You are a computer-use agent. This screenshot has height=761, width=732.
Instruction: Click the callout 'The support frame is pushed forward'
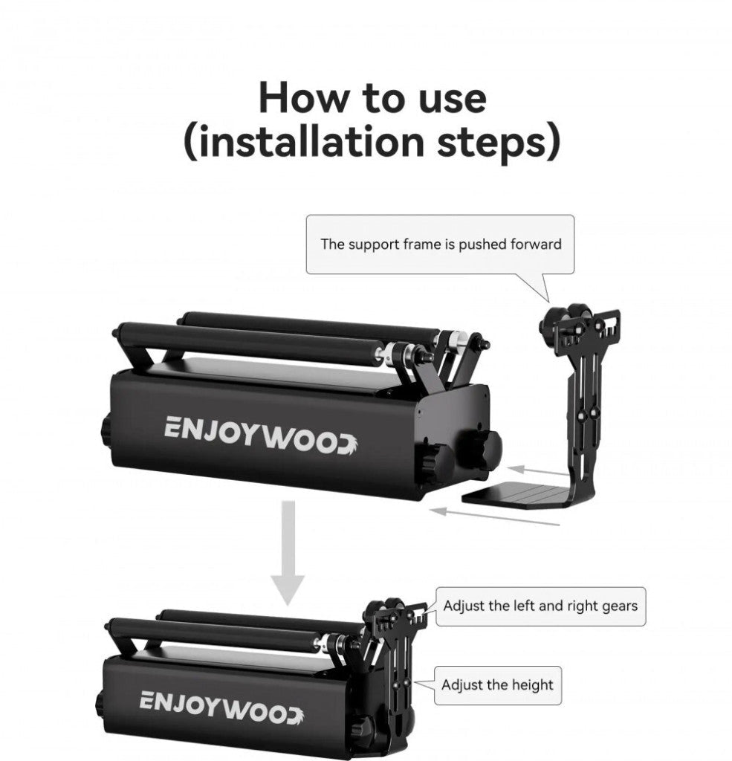coord(441,244)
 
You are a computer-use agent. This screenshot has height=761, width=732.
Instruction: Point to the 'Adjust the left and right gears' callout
coord(540,606)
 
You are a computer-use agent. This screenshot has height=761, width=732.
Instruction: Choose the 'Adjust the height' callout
coord(497,684)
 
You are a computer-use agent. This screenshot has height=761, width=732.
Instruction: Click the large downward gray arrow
coord(288,551)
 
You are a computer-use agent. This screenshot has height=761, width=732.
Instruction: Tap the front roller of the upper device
coord(253,343)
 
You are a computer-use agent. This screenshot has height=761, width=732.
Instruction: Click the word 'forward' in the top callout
coord(536,244)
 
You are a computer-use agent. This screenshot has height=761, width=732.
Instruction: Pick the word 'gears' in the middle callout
coord(618,606)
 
